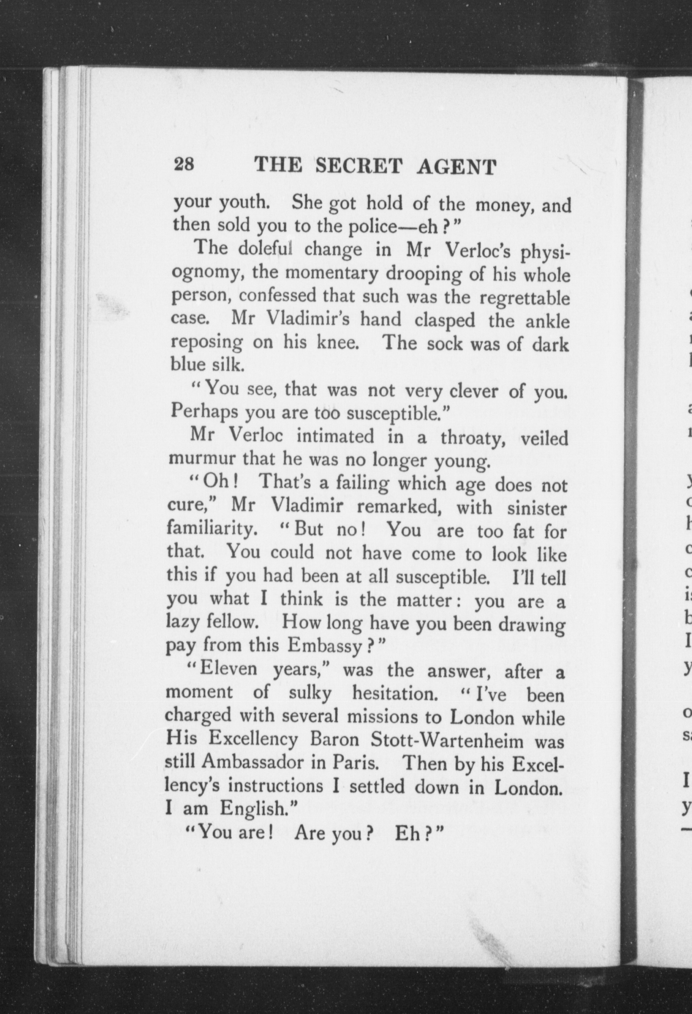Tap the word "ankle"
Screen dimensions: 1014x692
pos(547,321)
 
